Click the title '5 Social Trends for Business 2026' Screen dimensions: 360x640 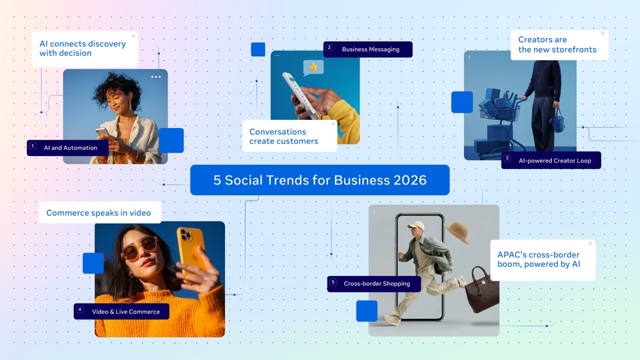click(320, 180)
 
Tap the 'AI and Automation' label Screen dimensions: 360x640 click(70, 148)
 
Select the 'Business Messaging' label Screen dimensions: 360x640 click(370, 49)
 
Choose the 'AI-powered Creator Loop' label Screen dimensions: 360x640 click(554, 160)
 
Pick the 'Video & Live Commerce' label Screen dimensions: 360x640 click(125, 311)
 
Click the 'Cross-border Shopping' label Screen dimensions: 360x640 click(376, 283)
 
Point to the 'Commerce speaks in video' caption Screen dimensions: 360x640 click(98, 213)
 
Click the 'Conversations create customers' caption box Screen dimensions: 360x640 click(289, 136)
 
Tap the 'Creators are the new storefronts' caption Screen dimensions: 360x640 click(557, 44)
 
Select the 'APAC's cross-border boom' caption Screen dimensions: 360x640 click(542, 259)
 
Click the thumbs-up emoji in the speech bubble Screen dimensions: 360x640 click(313, 66)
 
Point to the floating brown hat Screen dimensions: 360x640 click(455, 232)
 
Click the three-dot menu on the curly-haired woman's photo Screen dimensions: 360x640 click(156, 77)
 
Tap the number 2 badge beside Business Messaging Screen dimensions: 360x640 click(329, 48)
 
